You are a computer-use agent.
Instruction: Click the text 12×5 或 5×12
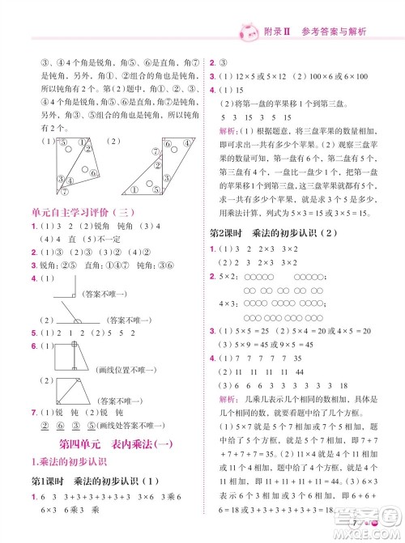pyautogui.click(x=252, y=75)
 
